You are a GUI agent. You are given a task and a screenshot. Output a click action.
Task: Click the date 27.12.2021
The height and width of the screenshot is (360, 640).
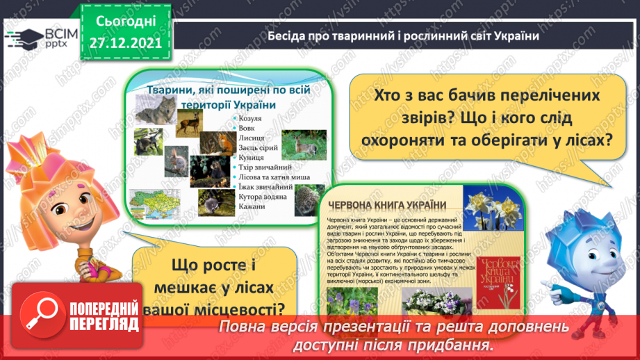tap(125, 41)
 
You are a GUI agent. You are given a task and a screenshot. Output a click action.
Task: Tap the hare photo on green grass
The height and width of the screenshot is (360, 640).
tap(304, 145)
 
